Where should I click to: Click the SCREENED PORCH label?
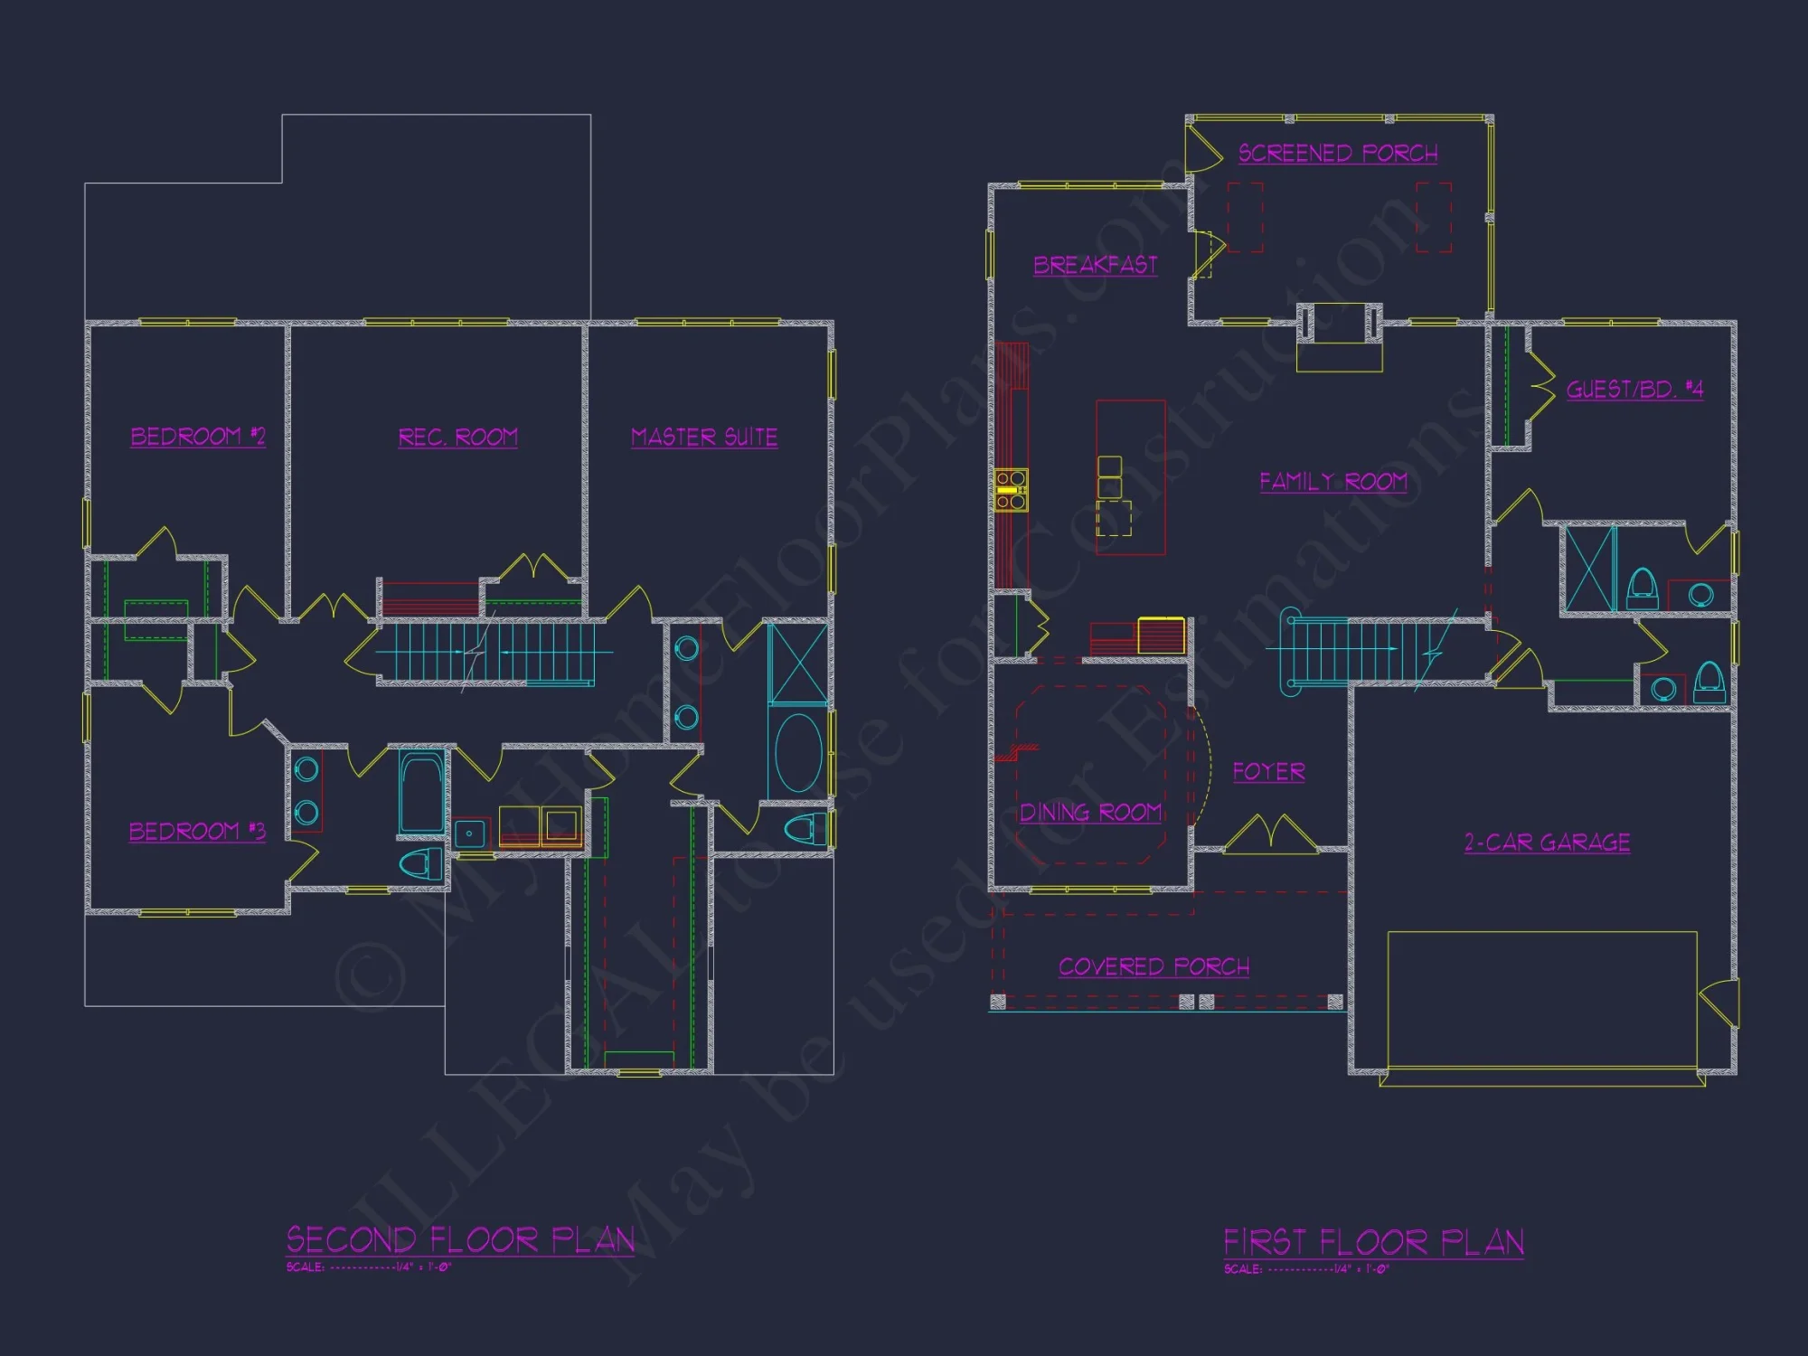click(x=1338, y=154)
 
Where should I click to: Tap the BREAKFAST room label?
click(x=1095, y=265)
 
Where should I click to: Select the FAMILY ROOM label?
click(x=1333, y=482)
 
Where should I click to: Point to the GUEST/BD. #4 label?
click(x=1634, y=390)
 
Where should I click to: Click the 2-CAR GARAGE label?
click(x=1547, y=843)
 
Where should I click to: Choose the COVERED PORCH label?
click(x=1154, y=967)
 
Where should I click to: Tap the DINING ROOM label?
click(x=1090, y=813)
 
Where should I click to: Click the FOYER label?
click(x=1268, y=772)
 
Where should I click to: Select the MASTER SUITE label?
click(x=704, y=438)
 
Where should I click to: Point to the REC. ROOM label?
click(x=458, y=438)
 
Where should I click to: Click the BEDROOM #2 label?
click(x=198, y=437)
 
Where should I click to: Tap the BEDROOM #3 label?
click(x=197, y=832)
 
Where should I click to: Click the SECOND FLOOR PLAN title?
click(x=460, y=1239)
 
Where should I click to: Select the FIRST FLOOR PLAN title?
click(x=1373, y=1242)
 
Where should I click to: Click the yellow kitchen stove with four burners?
click(x=1011, y=490)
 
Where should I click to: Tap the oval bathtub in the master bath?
click(x=798, y=752)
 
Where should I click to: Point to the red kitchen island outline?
click(x=1130, y=477)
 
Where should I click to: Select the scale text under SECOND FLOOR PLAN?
click(x=369, y=1267)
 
